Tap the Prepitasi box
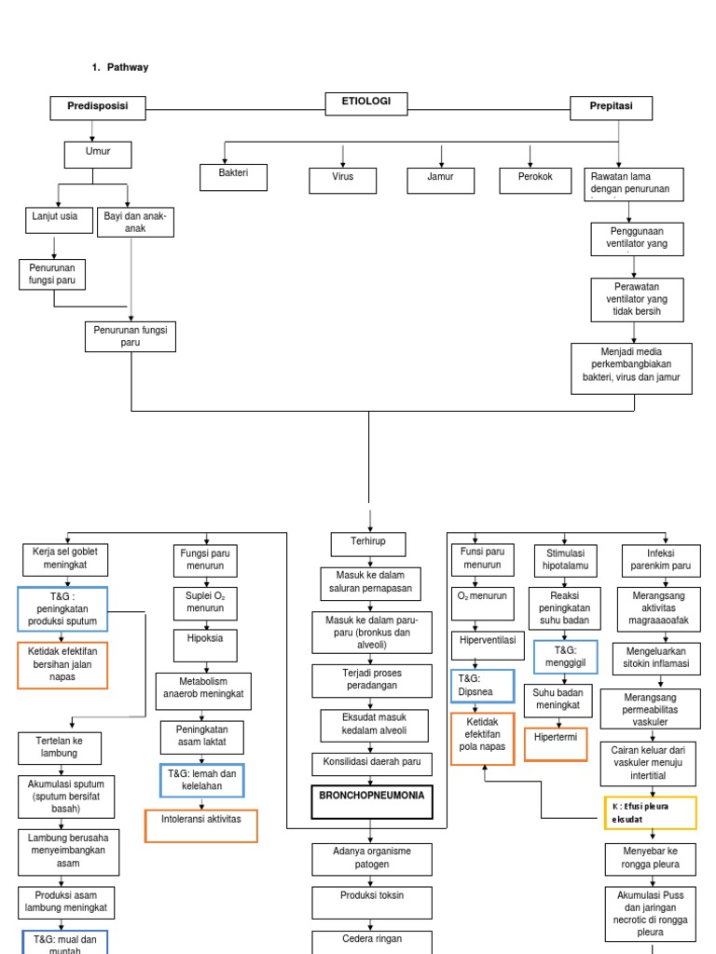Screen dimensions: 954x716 [x=611, y=108]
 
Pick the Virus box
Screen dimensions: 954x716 [x=342, y=180]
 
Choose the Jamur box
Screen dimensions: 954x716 [x=440, y=180]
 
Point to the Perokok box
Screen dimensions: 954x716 [x=534, y=180]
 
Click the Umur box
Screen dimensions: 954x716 [x=97, y=154]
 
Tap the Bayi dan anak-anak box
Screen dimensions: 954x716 [x=135, y=222]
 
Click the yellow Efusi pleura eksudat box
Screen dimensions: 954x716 [x=649, y=812]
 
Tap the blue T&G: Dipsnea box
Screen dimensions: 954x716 [x=482, y=687]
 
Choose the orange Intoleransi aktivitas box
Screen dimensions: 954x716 [x=201, y=825]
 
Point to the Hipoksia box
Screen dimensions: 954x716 [x=205, y=645]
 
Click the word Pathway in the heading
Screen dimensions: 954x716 [x=127, y=67]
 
